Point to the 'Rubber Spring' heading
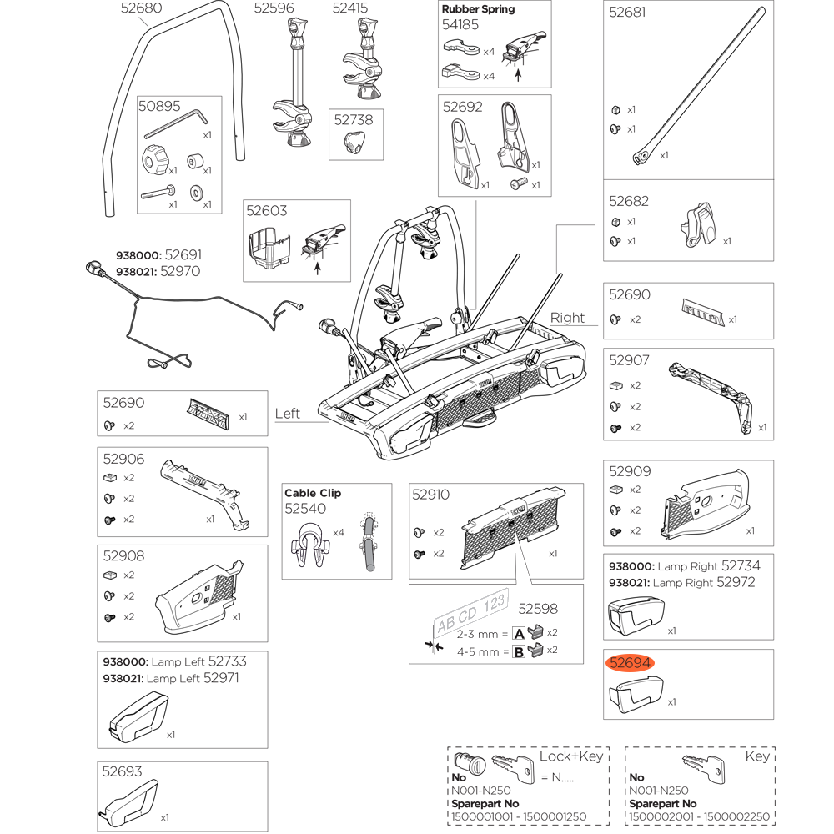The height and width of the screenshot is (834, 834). (x=478, y=9)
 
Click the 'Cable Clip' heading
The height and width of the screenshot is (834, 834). (x=313, y=493)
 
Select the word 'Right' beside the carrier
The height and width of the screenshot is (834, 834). (x=568, y=318)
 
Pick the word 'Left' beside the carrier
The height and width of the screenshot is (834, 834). (x=288, y=414)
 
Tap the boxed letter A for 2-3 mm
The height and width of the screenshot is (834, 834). (x=518, y=633)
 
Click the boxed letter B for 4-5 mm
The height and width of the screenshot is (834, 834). (x=518, y=651)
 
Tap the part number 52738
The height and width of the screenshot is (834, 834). (x=354, y=120)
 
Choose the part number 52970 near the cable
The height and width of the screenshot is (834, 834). (x=182, y=271)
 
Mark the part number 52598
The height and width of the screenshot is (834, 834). (x=538, y=610)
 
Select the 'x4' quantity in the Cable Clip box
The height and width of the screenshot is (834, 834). (x=339, y=532)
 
